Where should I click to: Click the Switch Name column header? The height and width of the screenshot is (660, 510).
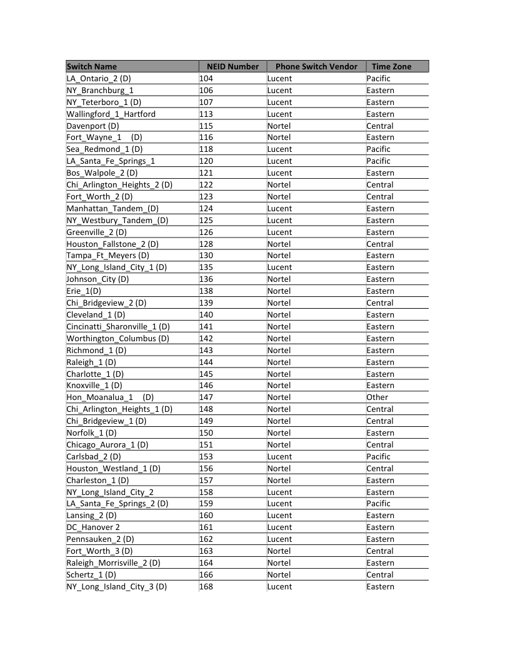click(x=92, y=66)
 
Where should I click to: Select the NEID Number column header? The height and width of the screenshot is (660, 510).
click(x=232, y=66)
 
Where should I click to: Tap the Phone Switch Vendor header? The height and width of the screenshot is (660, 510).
click(x=316, y=66)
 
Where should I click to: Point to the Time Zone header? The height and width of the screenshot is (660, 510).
click(x=391, y=66)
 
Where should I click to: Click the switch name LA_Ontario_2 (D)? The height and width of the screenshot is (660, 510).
click(x=99, y=78)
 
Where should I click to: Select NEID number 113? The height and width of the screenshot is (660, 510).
click(x=206, y=114)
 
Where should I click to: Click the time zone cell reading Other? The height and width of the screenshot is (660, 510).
click(x=377, y=397)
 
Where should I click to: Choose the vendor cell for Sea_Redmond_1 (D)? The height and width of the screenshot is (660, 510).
click(x=279, y=149)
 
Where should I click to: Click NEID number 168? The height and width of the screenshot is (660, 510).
click(x=206, y=586)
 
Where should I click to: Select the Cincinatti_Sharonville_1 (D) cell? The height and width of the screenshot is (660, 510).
click(x=118, y=326)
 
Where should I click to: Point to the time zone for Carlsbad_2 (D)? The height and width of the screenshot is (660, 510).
click(x=378, y=456)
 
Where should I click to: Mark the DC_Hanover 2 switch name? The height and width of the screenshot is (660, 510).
click(x=93, y=527)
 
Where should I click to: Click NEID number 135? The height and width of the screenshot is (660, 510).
click(x=206, y=267)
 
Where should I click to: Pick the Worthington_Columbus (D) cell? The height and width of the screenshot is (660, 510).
click(x=118, y=338)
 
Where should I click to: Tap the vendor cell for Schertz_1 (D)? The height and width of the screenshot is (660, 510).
click(x=279, y=574)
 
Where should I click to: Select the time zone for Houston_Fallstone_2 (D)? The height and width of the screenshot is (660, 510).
click(x=380, y=244)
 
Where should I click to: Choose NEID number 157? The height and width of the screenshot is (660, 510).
click(x=206, y=480)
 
